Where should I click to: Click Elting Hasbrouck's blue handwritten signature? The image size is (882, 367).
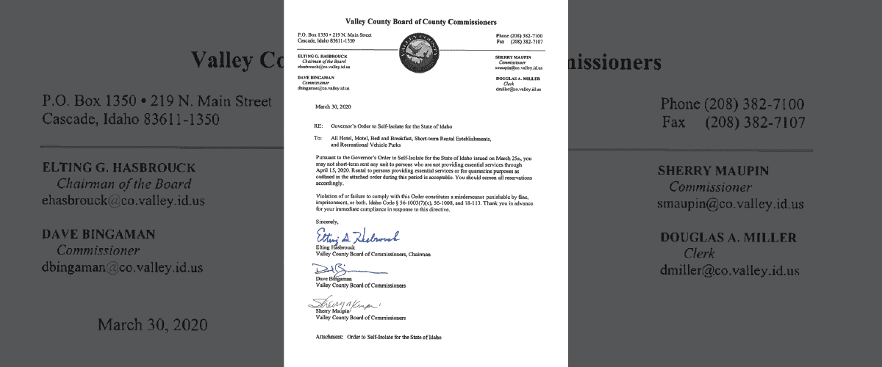coord(356,236)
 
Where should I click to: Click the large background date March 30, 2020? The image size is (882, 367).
coord(153,324)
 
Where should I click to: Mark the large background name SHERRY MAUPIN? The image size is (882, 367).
coord(713,170)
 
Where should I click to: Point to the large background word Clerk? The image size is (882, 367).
coord(699,253)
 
